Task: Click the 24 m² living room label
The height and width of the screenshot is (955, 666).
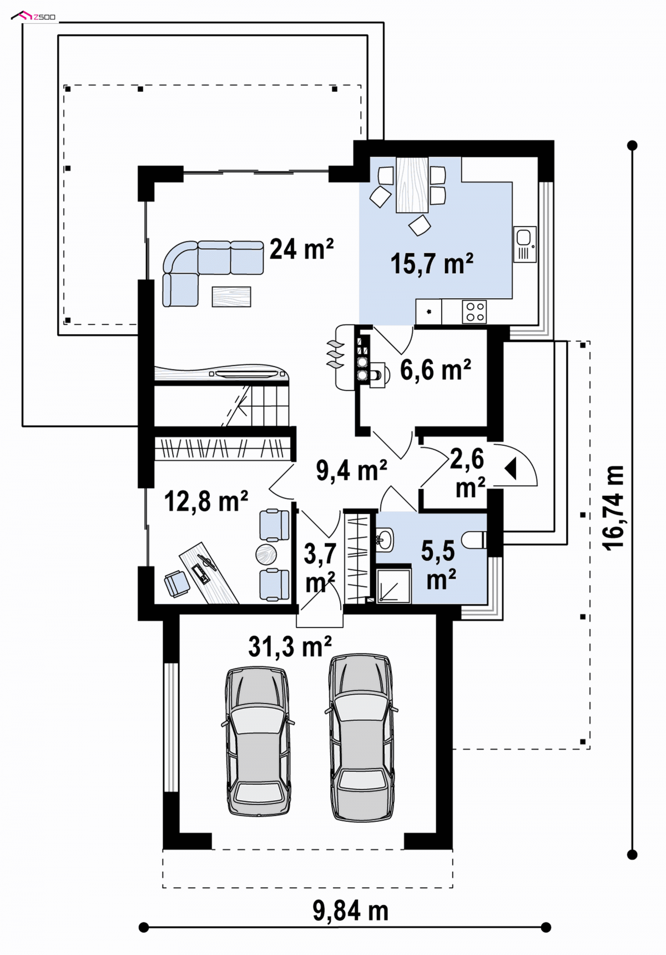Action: pyautogui.click(x=301, y=249)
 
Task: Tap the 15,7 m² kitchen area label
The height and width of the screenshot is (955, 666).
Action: pyautogui.click(x=432, y=264)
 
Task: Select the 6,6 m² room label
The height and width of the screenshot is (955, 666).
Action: pyautogui.click(x=436, y=370)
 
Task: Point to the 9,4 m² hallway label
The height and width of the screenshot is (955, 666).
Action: pyautogui.click(x=352, y=471)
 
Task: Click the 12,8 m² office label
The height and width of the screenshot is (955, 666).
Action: pyautogui.click(x=206, y=501)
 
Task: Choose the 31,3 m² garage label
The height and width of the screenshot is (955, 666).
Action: pyautogui.click(x=290, y=647)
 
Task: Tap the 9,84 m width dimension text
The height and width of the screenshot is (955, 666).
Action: pyautogui.click(x=350, y=911)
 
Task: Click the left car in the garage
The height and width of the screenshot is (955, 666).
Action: pyautogui.click(x=258, y=742)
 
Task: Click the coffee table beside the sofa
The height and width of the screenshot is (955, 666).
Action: pyautogui.click(x=231, y=296)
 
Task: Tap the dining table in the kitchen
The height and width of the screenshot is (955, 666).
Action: pyautogui.click(x=412, y=185)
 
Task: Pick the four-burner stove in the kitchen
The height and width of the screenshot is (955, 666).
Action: pyautogui.click(x=475, y=311)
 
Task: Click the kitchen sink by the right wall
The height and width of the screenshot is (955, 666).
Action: pyautogui.click(x=524, y=244)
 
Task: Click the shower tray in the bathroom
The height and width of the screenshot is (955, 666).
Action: pyautogui.click(x=393, y=585)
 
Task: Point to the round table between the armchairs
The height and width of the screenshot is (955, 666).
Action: pyautogui.click(x=266, y=554)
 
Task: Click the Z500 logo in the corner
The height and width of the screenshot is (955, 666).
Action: pyautogui.click(x=33, y=16)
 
